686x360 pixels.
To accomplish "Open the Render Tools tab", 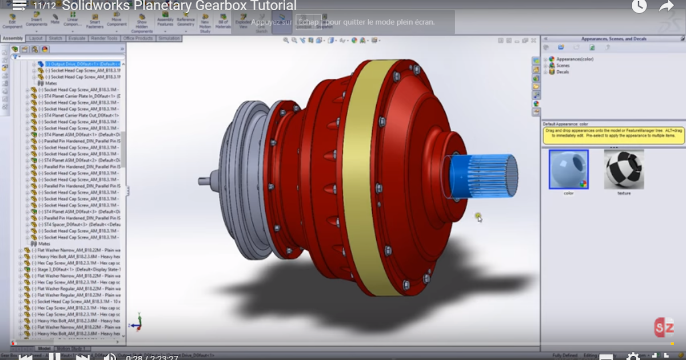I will (x=103, y=38).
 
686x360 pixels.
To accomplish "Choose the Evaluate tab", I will (x=77, y=38).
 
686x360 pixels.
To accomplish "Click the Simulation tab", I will (x=169, y=38).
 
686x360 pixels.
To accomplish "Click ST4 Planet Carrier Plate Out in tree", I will (x=80, y=115).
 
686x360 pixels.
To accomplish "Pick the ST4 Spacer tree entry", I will (x=80, y=225).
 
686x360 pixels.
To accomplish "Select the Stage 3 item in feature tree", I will (x=74, y=269).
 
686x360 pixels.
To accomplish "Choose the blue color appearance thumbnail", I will (x=568, y=169).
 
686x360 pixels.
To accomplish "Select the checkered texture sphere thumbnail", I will (x=624, y=169).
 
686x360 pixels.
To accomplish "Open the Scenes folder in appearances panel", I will (x=563, y=66).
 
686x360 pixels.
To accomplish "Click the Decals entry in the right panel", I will (x=563, y=72).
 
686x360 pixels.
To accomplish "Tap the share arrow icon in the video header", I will (x=667, y=6).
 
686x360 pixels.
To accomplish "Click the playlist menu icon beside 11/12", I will (x=20, y=6).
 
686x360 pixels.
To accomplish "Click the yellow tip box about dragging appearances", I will (x=613, y=135).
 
